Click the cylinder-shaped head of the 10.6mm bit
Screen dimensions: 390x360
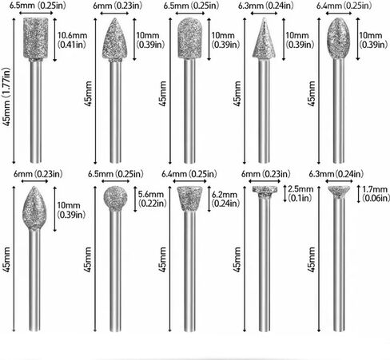(x=36, y=38)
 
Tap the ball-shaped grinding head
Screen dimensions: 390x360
(x=115, y=197)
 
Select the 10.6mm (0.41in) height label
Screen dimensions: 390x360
(x=72, y=40)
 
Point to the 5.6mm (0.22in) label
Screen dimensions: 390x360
(x=152, y=199)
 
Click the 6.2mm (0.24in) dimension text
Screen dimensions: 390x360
(x=225, y=199)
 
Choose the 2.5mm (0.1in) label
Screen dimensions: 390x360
(x=300, y=193)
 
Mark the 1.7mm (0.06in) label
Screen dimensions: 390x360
(x=376, y=193)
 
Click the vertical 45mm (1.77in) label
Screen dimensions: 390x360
(x=6, y=97)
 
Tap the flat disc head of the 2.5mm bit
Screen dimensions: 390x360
(x=265, y=190)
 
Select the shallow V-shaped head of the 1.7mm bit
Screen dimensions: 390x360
(x=339, y=191)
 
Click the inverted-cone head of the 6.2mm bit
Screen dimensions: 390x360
(x=189, y=198)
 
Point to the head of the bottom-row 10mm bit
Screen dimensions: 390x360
(x=34, y=208)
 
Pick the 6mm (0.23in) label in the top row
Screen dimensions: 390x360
(x=117, y=6)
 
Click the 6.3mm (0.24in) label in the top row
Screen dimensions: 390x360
(x=265, y=6)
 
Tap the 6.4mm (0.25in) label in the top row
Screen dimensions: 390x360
(x=344, y=6)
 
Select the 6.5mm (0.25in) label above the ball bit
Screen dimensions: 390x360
(x=115, y=174)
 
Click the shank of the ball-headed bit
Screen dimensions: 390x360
(x=115, y=270)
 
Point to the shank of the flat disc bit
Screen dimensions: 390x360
(x=265, y=263)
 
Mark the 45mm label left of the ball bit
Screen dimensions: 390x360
(x=88, y=259)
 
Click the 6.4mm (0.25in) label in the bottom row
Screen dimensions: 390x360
(x=189, y=174)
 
